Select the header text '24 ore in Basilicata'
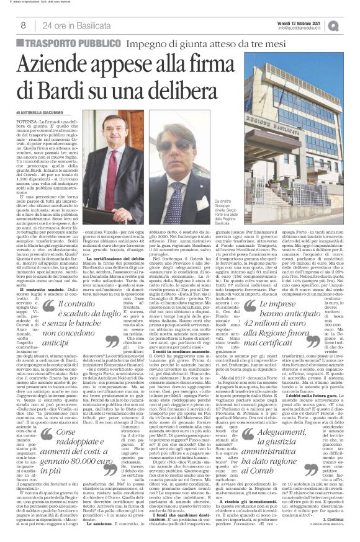pyautogui.click(x=68, y=25)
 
